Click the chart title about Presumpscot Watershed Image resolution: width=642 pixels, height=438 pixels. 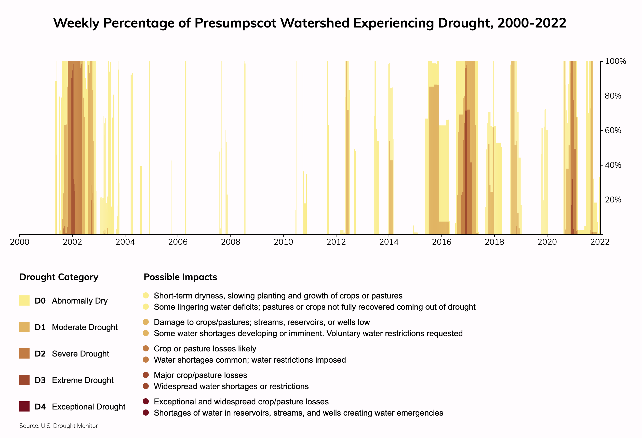(x=310, y=23)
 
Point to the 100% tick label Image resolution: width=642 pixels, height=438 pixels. (x=616, y=61)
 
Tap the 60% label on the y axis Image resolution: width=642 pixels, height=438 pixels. (x=613, y=130)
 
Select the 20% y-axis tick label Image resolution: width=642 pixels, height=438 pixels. (x=613, y=200)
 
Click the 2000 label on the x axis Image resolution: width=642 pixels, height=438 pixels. (x=19, y=242)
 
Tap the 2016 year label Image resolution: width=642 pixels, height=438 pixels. (x=442, y=242)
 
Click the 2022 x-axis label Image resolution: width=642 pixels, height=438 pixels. (x=600, y=242)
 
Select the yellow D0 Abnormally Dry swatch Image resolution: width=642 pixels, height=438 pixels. (x=24, y=300)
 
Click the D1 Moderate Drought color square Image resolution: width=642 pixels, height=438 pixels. (x=24, y=327)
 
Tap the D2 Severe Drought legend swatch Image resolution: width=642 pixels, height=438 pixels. (x=24, y=353)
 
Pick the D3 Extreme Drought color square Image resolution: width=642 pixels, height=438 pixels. (x=24, y=380)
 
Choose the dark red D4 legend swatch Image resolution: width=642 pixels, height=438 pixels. (x=24, y=406)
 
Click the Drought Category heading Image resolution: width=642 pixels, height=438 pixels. (x=59, y=277)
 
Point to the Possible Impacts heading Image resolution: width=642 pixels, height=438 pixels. (x=180, y=277)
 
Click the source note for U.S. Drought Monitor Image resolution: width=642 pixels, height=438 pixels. (x=59, y=426)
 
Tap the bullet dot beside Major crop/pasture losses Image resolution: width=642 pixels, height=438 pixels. (x=146, y=375)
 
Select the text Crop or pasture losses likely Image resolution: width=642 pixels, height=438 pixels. (x=205, y=349)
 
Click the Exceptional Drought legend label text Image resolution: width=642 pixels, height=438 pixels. (x=88, y=407)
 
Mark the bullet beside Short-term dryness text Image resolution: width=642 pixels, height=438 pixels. (x=146, y=295)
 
